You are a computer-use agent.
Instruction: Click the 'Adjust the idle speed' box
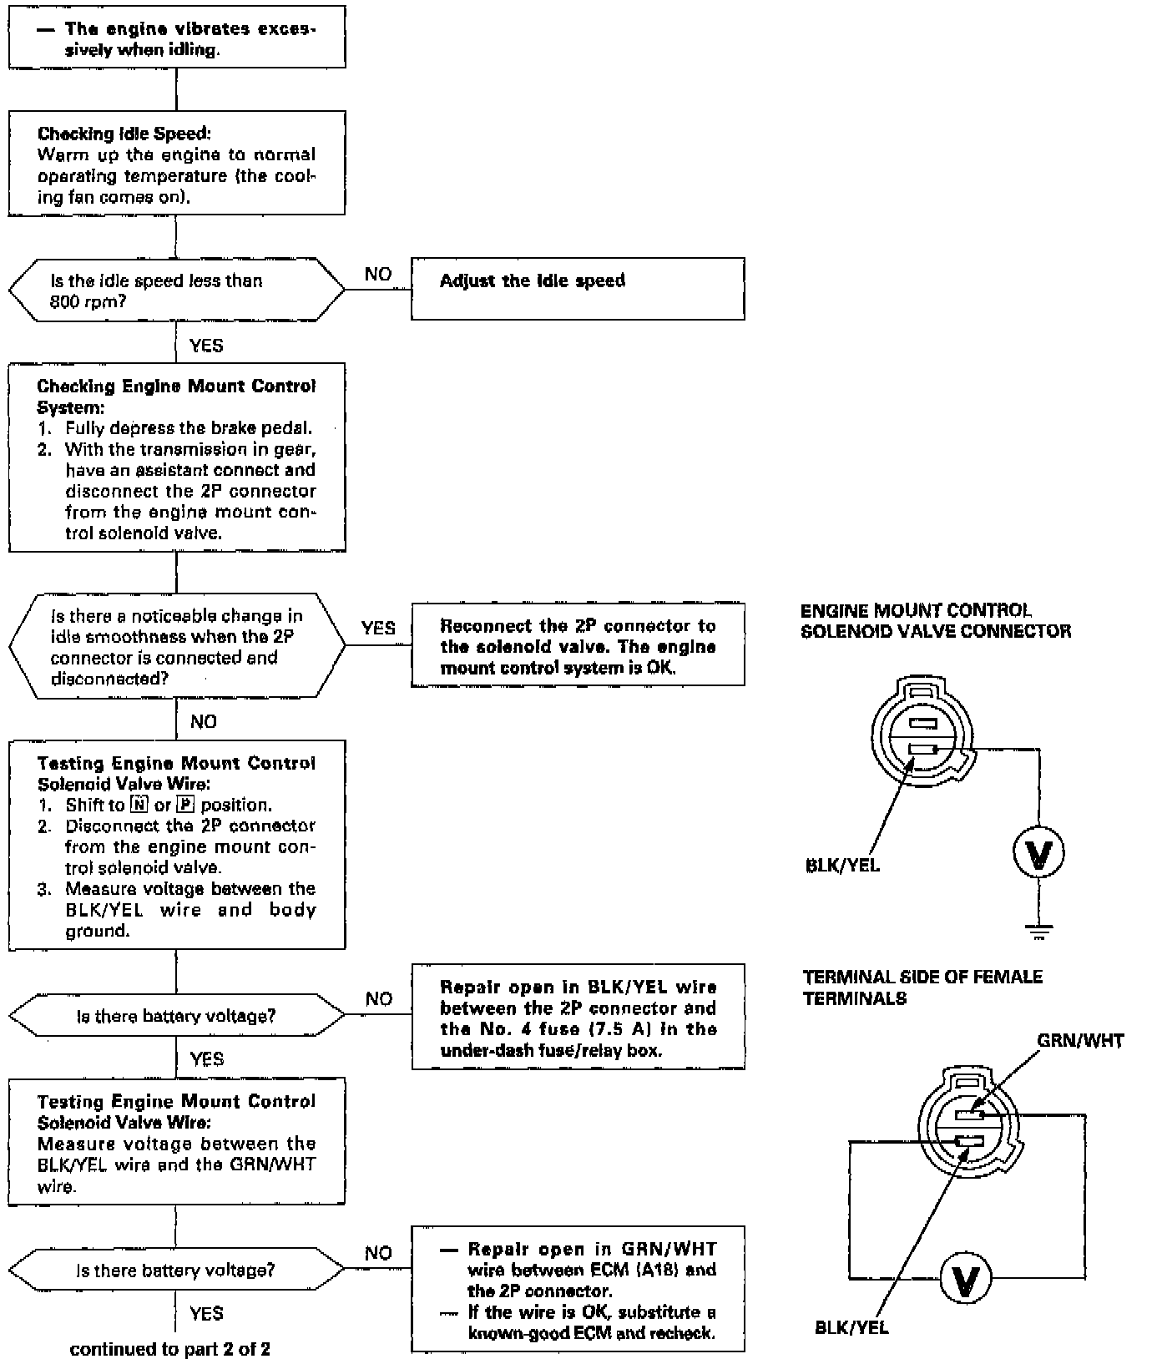(x=578, y=288)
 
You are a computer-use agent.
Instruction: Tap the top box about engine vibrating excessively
(x=177, y=37)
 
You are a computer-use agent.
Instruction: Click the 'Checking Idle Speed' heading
(x=124, y=134)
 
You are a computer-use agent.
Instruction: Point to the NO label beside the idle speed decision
(x=378, y=275)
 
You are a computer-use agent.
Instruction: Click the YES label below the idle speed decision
(x=206, y=346)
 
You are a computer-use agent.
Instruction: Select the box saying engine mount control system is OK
(x=578, y=644)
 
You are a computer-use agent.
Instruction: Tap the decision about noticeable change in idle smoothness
(x=176, y=646)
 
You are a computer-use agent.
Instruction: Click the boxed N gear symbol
(x=139, y=805)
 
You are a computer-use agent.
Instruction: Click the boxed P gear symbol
(x=184, y=805)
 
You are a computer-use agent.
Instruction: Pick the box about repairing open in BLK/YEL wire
(x=578, y=1017)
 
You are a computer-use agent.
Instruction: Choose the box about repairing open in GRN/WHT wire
(x=578, y=1289)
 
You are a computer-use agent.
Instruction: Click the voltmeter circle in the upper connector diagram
(x=1039, y=853)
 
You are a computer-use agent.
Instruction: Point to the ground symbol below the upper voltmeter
(x=1039, y=932)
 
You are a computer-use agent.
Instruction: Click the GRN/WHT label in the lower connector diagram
(x=1080, y=1041)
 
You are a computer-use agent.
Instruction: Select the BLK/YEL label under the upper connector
(x=843, y=866)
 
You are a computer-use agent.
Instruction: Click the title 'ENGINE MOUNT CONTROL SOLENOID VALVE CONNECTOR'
(x=936, y=620)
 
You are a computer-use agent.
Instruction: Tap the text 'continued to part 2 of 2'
(x=170, y=1349)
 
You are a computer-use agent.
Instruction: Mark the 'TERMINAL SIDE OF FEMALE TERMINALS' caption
(x=922, y=988)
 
